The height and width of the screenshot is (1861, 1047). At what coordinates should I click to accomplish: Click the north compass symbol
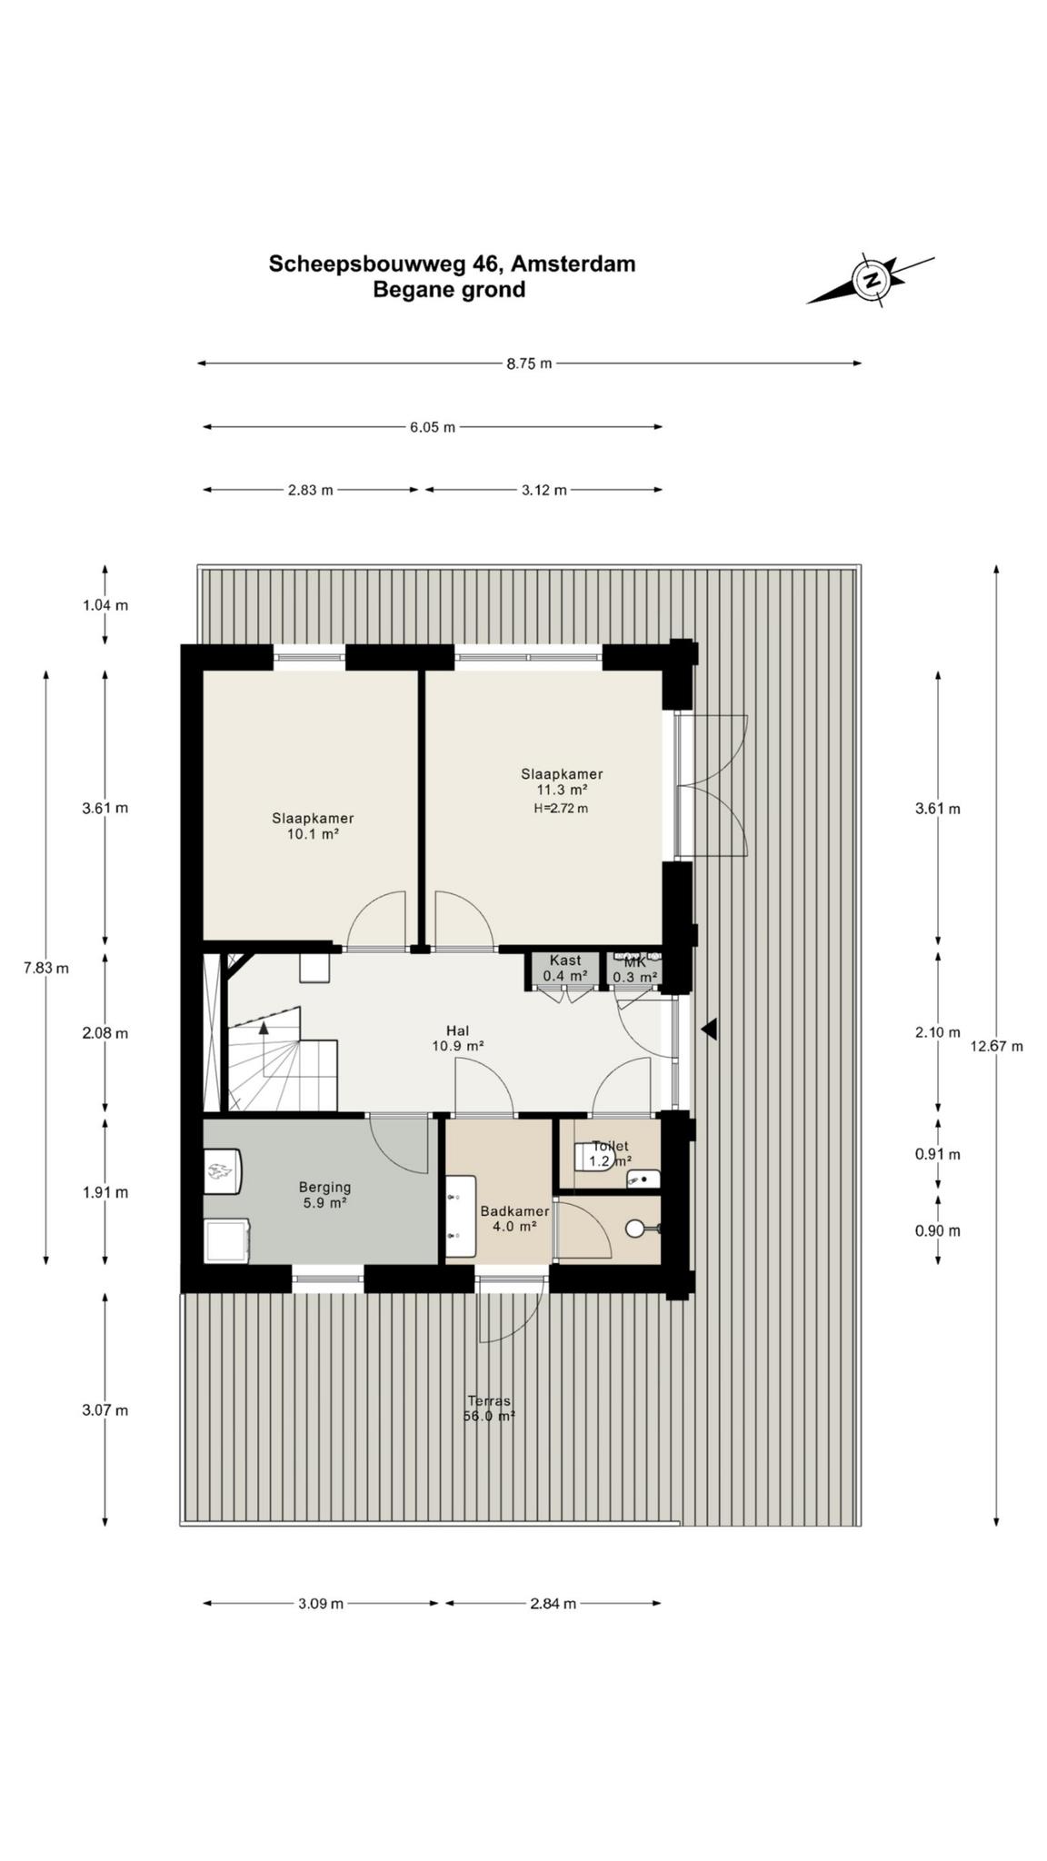[871, 279]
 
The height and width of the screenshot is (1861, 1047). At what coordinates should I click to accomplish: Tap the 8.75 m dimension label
[529, 363]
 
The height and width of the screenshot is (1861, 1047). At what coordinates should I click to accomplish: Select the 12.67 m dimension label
[996, 1046]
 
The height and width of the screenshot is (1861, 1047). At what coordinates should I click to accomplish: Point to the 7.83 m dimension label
[45, 968]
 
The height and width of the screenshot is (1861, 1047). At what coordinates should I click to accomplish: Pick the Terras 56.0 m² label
[489, 1408]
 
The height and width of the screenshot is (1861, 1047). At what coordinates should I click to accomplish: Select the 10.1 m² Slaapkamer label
[313, 825]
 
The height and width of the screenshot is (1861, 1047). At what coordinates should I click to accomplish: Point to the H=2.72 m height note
[561, 808]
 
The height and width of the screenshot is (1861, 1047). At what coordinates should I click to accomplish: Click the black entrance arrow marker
[710, 1029]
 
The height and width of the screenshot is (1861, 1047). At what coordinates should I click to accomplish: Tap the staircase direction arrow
[264, 1028]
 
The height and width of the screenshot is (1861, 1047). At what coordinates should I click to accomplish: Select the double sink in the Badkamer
[461, 1217]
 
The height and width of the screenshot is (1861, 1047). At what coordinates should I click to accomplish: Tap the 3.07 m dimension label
[105, 1410]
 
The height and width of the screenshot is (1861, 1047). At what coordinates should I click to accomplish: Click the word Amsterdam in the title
[573, 264]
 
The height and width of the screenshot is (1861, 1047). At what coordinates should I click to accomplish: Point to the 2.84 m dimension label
[553, 1604]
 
